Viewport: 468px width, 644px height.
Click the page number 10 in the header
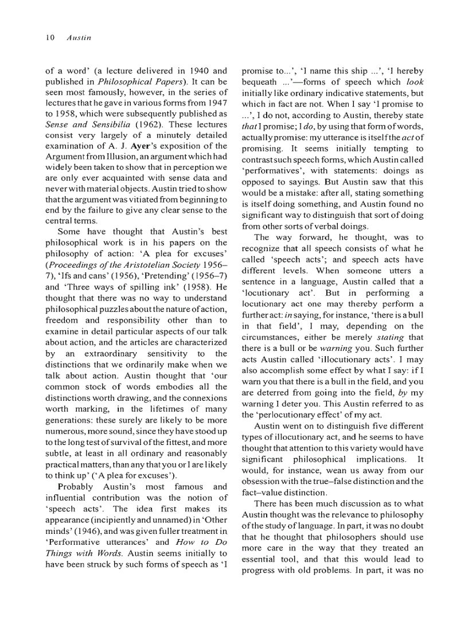49,38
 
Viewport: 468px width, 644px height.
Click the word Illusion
115,157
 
